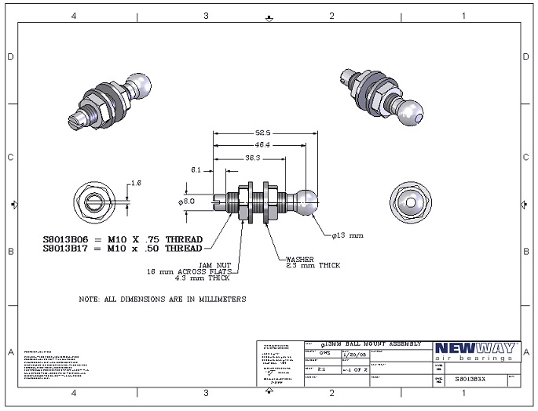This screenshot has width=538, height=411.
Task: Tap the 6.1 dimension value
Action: pyautogui.click(x=196, y=169)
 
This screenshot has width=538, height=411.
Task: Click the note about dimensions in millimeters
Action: pyautogui.click(x=163, y=299)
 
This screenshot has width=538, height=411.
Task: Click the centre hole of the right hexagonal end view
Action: pyautogui.click(x=410, y=202)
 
